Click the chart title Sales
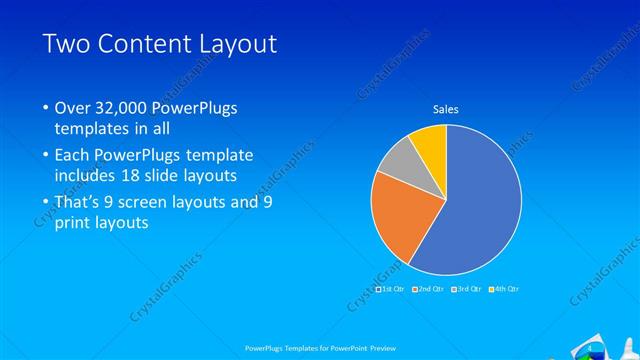tap(446, 109)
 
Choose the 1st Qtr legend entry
tap(391, 289)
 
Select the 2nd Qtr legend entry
tap(428, 289)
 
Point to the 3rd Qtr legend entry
tap(465, 289)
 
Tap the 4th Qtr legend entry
tap(502, 289)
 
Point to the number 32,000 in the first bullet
tap(123, 107)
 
